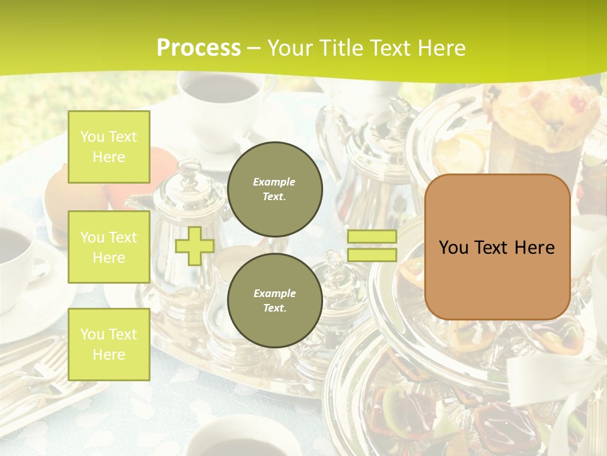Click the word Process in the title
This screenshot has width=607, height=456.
pos(199,47)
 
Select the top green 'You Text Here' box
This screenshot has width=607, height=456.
pos(109,147)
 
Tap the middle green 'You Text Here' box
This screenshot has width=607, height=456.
pos(109,247)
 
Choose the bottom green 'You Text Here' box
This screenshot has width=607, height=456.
pos(109,344)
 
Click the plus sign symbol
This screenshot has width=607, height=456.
pos(195,246)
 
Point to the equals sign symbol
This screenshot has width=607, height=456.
pos(372,246)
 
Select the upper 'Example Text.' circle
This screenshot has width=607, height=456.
pos(274,189)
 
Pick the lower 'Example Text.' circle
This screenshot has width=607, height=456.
pos(274,300)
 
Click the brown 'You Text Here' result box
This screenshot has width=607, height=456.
pos(497,247)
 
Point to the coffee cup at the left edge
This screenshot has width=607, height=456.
pos(16,247)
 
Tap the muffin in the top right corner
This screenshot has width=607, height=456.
pos(544,111)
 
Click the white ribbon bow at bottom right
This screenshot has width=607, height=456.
pos(556,380)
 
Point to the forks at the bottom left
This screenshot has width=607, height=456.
pos(38,374)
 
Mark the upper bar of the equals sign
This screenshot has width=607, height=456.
pos(372,237)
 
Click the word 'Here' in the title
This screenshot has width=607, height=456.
pos(443,48)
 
